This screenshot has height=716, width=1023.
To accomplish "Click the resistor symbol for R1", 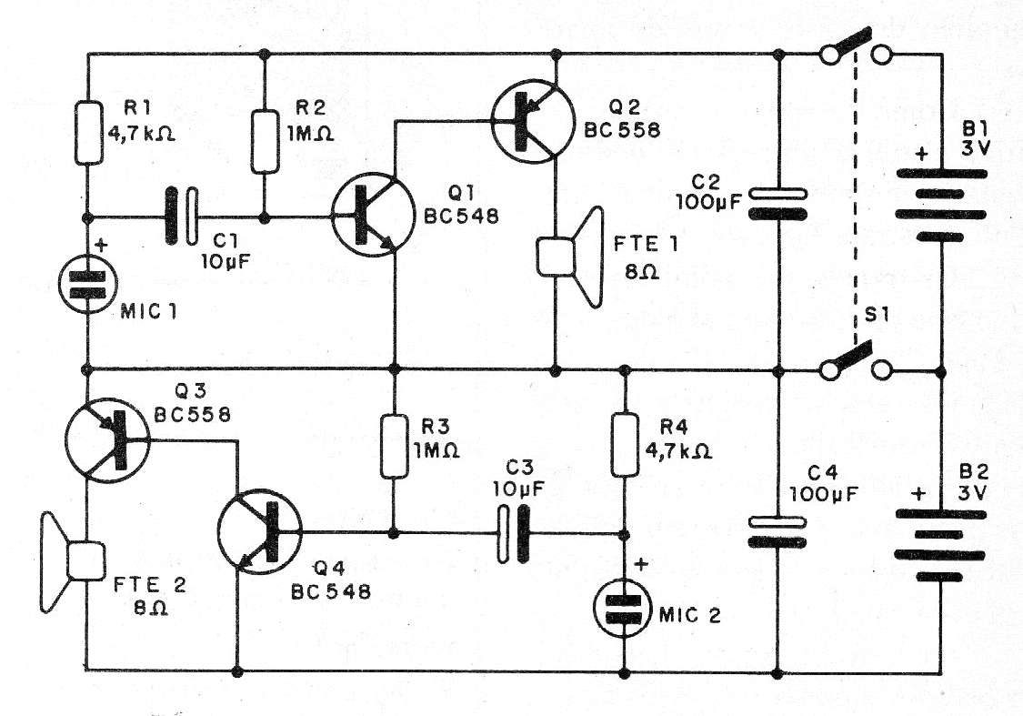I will tap(88, 133).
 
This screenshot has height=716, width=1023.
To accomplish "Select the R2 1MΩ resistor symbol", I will tap(265, 141).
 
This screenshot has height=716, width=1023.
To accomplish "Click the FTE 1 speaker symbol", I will tap(570, 257).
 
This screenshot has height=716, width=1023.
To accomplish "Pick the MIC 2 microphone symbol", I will tap(624, 607).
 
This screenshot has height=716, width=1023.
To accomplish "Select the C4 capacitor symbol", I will tap(777, 531).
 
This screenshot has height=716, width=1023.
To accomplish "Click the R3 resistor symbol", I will tap(394, 445).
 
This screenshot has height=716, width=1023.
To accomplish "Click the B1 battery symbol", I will tap(939, 204).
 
